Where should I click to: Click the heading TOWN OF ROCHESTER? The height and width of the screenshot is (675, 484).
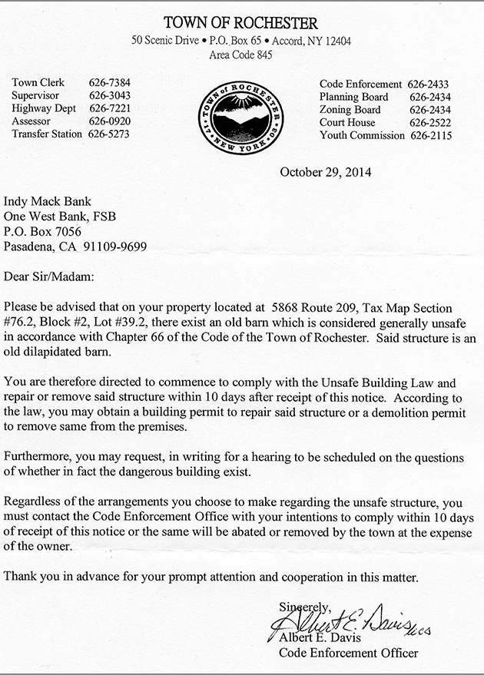(x=241, y=24)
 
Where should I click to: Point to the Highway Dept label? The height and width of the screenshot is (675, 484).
(x=44, y=108)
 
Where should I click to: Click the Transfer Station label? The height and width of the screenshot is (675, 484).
(x=47, y=134)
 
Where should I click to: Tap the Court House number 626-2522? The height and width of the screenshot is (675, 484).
(x=430, y=123)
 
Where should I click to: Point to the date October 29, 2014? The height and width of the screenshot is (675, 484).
(x=326, y=172)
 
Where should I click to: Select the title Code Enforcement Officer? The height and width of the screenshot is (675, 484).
(x=349, y=653)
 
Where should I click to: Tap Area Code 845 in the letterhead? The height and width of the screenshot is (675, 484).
(x=241, y=55)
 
